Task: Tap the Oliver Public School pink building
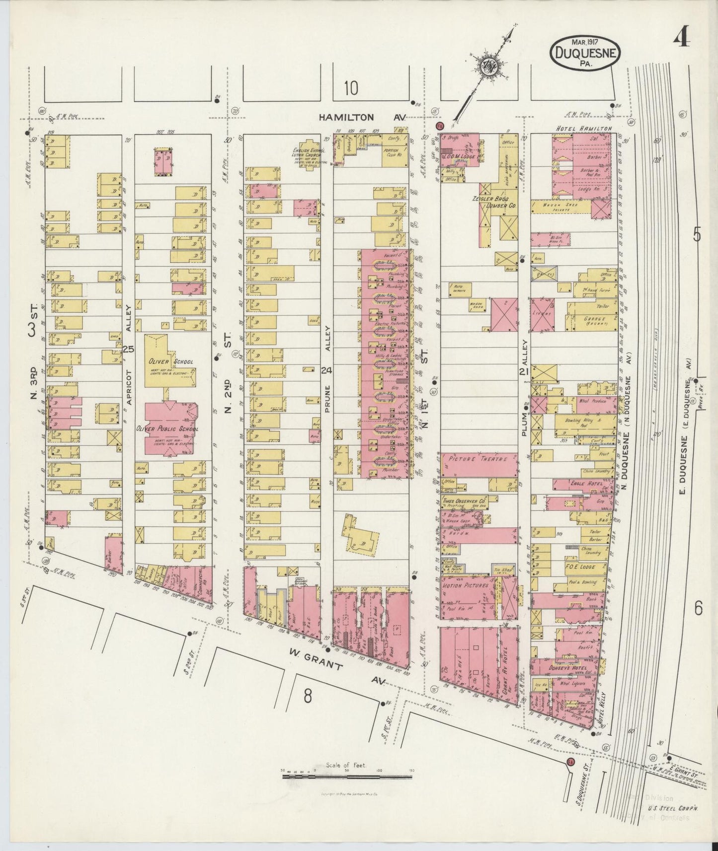pos(169,428)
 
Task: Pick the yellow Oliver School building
pos(170,361)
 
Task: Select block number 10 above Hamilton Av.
pos(350,88)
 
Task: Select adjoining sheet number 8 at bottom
pos(308,697)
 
